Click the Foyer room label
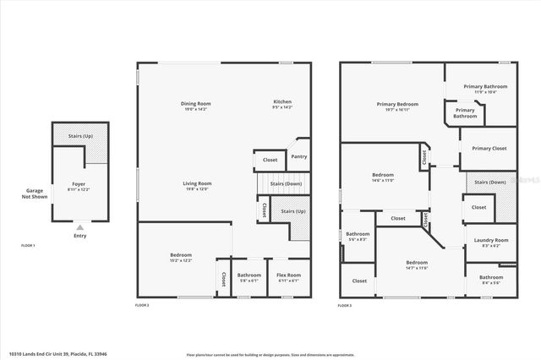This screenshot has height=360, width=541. coord(79,186)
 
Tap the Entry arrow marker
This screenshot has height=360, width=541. coord(79,227)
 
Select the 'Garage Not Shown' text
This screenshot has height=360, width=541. coord(34,194)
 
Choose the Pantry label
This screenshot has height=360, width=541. coord(298,156)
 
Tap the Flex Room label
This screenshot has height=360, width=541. coord(288,277)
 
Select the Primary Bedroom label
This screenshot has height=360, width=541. coord(397,106)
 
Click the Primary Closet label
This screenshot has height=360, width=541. coord(489,148)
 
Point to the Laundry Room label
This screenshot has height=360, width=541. coord(490,242)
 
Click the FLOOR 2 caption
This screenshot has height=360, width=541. coord(142,304)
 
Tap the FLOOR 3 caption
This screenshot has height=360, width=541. coord(345,304)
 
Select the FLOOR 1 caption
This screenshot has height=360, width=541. coord(29,245)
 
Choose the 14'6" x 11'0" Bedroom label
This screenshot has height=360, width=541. coord(383,177)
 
